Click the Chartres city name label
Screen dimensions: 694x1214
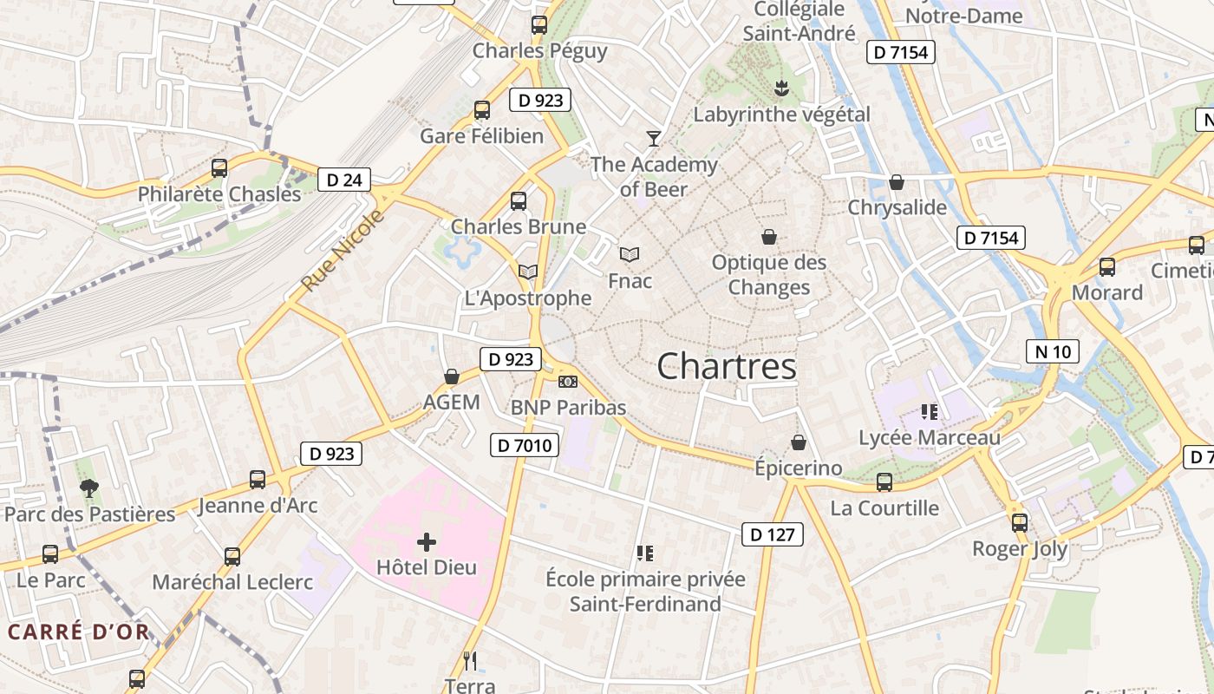tap(726, 366)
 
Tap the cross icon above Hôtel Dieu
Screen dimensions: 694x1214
tap(427, 543)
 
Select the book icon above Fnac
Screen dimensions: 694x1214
tap(630, 254)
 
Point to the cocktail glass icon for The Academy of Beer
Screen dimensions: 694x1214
tap(653, 138)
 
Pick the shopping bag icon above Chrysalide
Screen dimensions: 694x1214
tap(897, 182)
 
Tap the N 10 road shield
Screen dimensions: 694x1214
tap(1053, 351)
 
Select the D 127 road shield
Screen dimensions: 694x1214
tap(772, 534)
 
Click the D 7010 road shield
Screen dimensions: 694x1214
tap(524, 446)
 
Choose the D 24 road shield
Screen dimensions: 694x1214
tap(344, 180)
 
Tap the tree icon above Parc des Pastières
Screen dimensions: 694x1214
tap(88, 488)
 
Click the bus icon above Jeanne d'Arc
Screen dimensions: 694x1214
tap(258, 479)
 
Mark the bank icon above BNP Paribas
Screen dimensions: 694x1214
tap(568, 382)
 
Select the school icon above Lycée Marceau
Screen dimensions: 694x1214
tap(930, 412)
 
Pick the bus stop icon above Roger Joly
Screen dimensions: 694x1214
tap(1020, 523)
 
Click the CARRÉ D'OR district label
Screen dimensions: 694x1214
tap(79, 632)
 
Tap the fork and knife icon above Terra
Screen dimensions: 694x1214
tap(470, 661)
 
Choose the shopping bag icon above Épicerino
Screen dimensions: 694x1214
tap(799, 442)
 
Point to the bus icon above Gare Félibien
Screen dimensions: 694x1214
tap(482, 110)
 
